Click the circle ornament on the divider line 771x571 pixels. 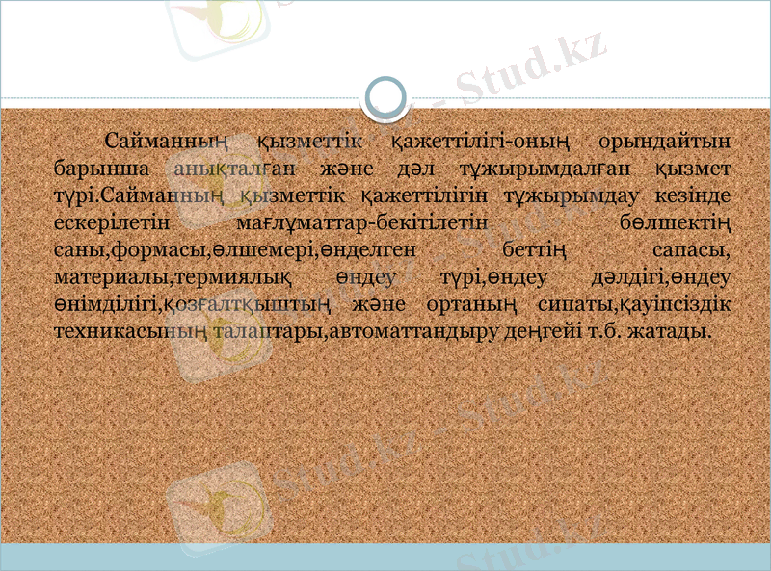click(x=387, y=98)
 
